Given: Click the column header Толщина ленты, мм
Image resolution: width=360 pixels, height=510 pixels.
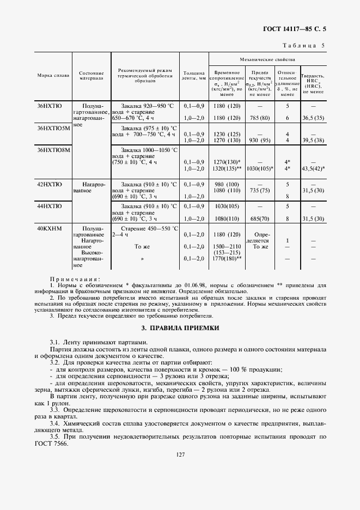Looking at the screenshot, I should [x=194, y=75].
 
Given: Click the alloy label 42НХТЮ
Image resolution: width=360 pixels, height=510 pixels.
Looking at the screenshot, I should [x=49, y=184].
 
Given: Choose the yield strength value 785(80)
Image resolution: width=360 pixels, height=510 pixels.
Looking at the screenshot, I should [x=259, y=118].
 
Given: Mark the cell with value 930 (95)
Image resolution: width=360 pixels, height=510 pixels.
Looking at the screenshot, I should [x=259, y=140].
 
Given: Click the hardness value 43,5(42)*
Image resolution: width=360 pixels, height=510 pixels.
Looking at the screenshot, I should [x=312, y=168].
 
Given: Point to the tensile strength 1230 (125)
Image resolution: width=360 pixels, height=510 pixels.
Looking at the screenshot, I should [x=227, y=133].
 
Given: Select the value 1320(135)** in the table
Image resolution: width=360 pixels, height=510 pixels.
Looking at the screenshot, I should [x=228, y=168].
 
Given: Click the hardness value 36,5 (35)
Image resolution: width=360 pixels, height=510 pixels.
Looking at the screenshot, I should [x=312, y=118].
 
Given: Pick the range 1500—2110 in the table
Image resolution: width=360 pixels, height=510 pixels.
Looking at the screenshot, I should [x=227, y=246].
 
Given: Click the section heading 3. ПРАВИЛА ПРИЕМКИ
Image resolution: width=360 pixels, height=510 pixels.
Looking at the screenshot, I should [x=180, y=328].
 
